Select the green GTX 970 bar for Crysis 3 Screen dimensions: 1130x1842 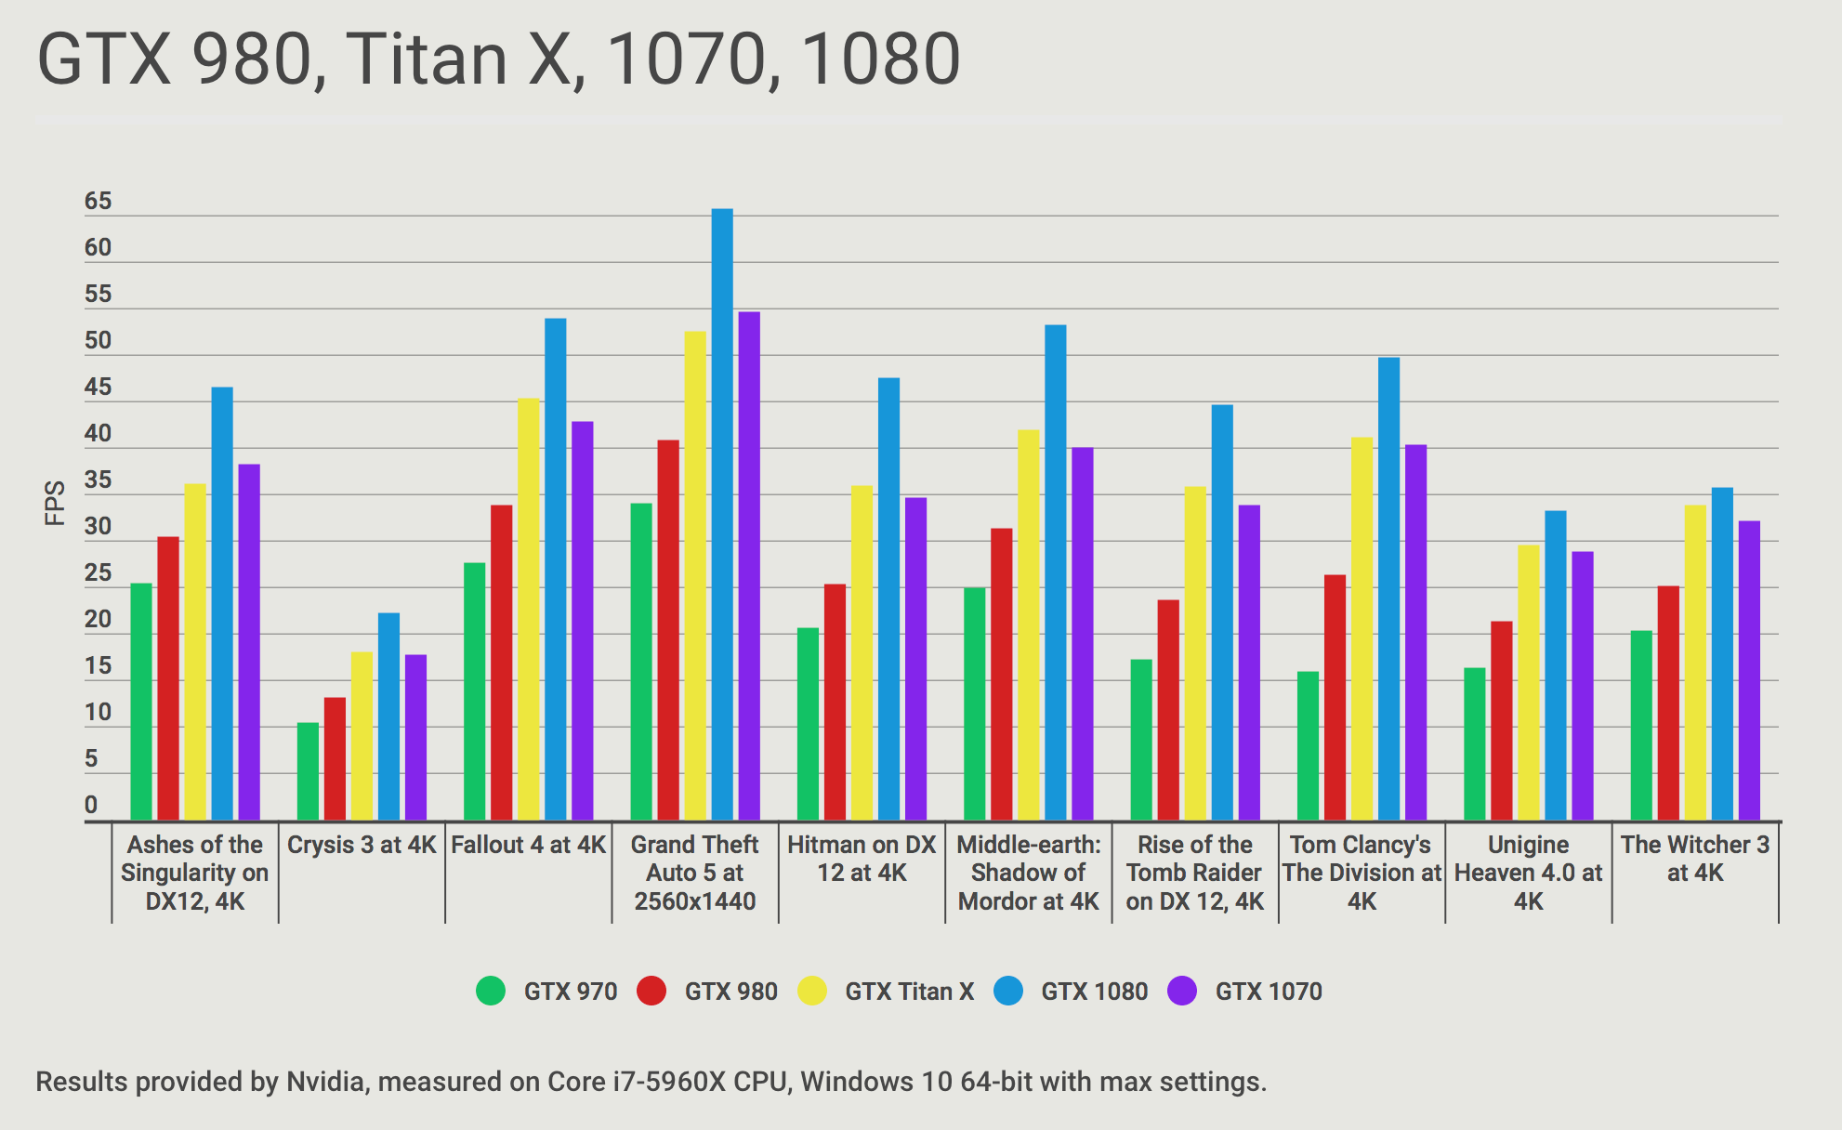(308, 771)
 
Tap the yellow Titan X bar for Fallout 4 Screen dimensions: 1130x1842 (528, 609)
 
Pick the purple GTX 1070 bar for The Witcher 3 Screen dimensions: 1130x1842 (1749, 670)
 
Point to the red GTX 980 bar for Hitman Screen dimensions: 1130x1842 (835, 702)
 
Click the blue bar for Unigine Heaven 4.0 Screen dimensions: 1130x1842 (1555, 665)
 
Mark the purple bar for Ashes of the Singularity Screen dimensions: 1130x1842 (249, 642)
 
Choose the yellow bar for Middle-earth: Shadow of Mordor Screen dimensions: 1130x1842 (1028, 624)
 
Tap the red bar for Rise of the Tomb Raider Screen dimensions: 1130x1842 (1168, 710)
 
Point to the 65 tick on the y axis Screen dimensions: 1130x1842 (98, 202)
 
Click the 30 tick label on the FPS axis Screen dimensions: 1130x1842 (98, 527)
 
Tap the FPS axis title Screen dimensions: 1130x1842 (55, 503)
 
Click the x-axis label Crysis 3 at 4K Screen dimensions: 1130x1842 (362, 845)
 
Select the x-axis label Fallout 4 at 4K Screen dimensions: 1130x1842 (528, 845)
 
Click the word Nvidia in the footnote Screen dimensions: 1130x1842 (325, 1082)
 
